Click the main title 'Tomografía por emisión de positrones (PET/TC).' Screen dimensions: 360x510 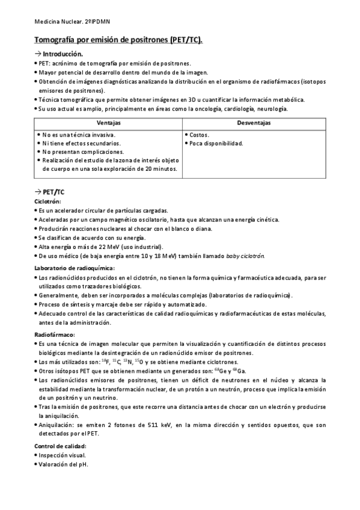118,40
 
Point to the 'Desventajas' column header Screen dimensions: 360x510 254,122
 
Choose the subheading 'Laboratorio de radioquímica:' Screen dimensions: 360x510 75,268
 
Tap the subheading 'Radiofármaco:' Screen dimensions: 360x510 55,333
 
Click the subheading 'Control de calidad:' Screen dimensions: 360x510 61,446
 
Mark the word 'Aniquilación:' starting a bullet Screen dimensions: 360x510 58,425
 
